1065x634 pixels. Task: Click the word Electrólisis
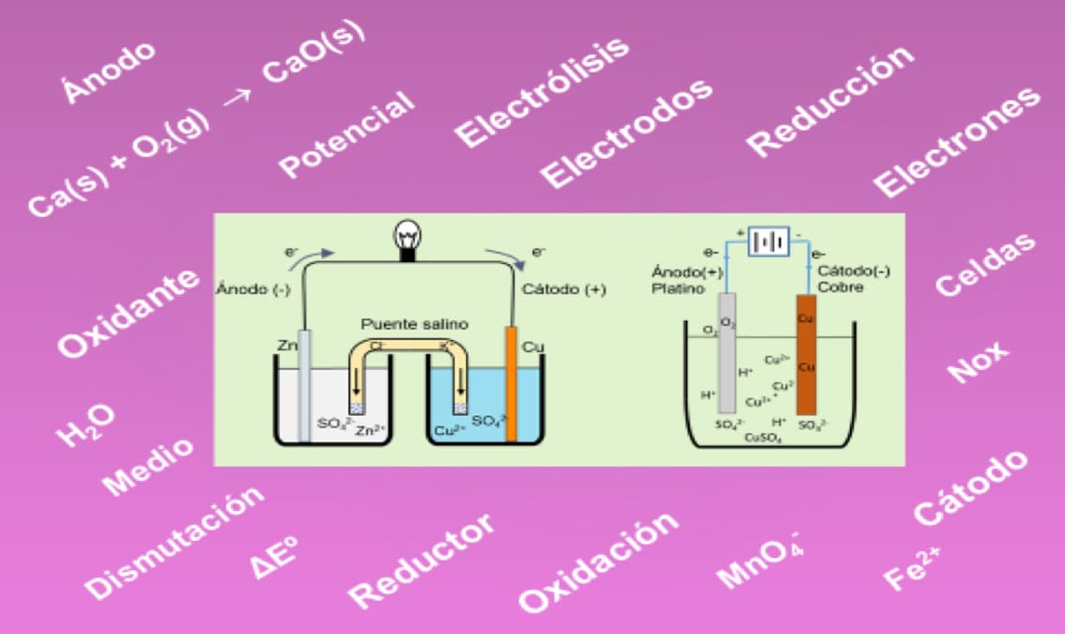542,92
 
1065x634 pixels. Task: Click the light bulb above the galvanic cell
409,236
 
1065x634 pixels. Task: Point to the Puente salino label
414,324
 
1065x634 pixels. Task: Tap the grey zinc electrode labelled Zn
303,385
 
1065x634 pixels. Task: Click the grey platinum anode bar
726,353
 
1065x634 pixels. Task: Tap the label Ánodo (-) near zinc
254,289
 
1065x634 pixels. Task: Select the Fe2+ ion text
911,567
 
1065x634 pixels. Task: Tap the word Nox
977,362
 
